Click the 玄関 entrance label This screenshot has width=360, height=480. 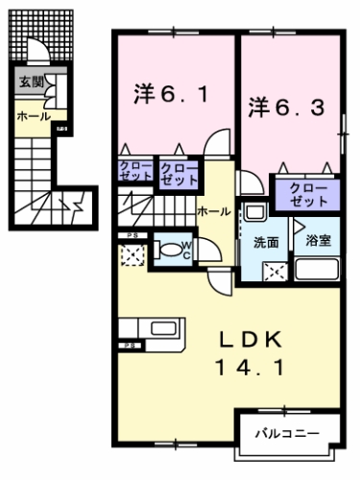(30, 83)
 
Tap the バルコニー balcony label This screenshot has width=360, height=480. (287, 432)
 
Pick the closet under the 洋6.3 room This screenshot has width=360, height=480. (307, 194)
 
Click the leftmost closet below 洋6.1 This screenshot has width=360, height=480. (134, 174)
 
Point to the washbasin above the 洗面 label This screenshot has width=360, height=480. (255, 212)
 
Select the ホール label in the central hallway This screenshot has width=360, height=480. (211, 209)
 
